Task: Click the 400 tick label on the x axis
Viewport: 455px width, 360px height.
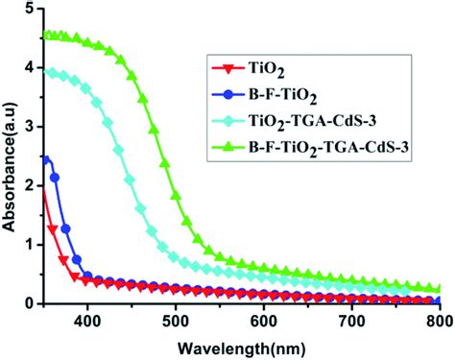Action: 87,321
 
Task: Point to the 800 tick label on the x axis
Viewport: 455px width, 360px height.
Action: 437,321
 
